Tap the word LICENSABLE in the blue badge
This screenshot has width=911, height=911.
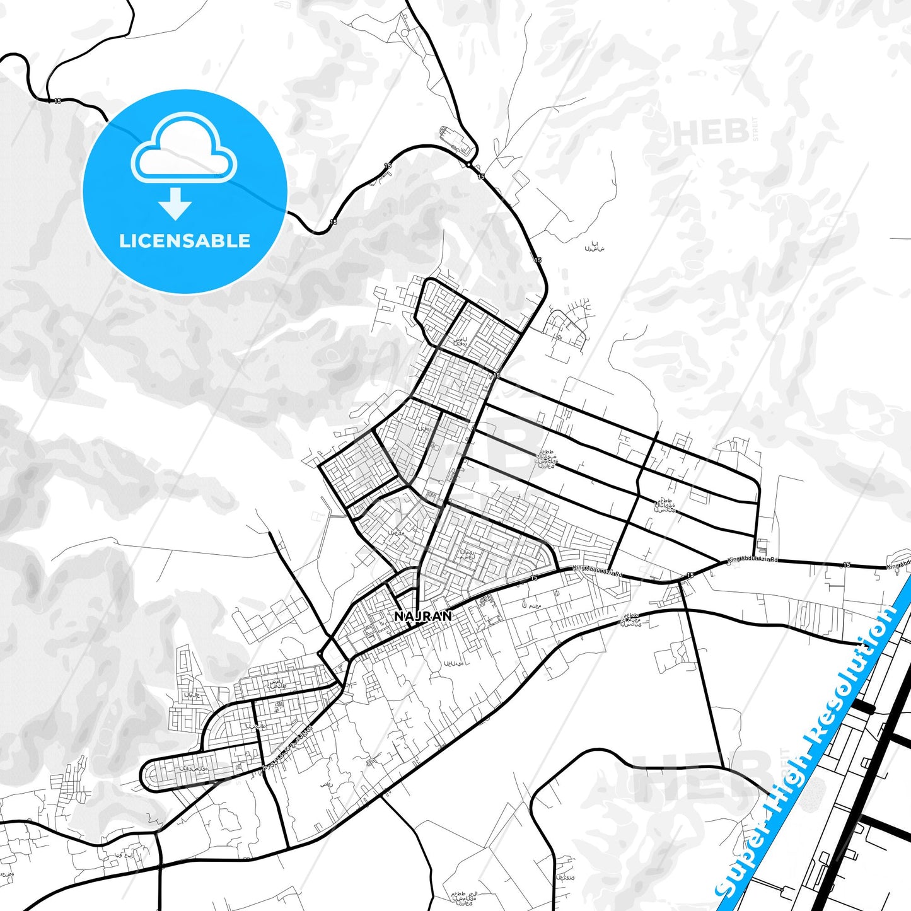point(185,241)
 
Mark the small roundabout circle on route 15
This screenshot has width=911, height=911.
point(469,165)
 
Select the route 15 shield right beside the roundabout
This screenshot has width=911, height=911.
point(481,177)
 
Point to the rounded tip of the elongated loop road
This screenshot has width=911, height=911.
point(147,776)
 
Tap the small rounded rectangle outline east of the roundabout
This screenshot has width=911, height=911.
point(519,180)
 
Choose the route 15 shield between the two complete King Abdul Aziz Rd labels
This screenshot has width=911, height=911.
point(690,575)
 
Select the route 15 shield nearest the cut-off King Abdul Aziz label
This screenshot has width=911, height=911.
point(846,565)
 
